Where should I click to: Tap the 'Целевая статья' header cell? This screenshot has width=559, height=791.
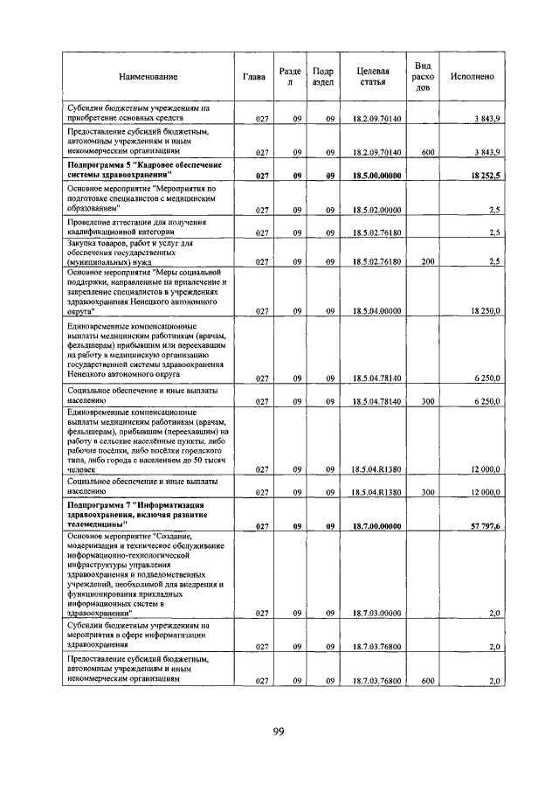tap(373, 77)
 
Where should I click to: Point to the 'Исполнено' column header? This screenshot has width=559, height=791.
tap(472, 77)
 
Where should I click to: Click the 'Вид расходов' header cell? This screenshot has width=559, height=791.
tap(423, 77)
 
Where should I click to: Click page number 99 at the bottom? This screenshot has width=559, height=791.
tap(279, 732)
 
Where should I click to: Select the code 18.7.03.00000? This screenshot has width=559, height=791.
tap(376, 614)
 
